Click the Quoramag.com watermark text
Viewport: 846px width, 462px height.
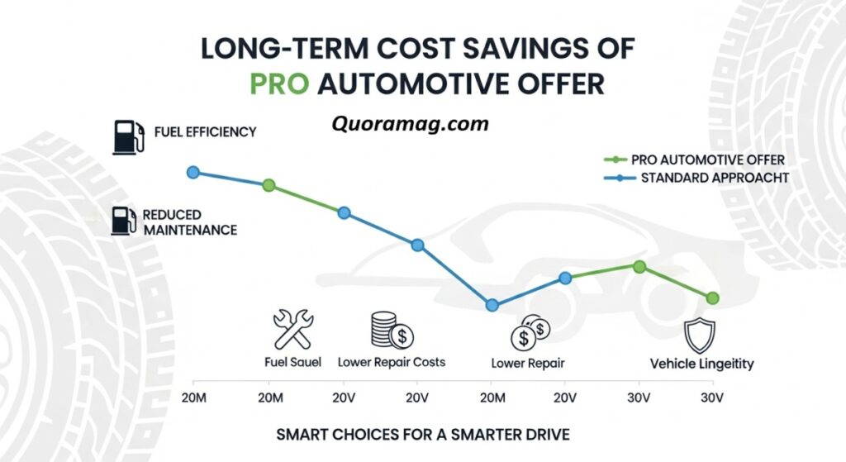(x=411, y=125)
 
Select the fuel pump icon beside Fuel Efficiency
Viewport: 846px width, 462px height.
(x=127, y=136)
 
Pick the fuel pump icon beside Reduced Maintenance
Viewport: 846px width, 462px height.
(x=124, y=221)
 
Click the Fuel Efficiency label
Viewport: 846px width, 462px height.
(x=205, y=131)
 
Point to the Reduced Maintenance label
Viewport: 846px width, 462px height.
(x=189, y=221)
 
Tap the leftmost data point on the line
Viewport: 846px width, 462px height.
(x=193, y=172)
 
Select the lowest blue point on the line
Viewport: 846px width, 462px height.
(x=492, y=305)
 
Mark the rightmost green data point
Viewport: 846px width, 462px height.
(x=713, y=298)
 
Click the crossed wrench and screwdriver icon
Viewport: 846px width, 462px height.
(x=292, y=328)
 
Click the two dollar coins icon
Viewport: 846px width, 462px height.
(x=530, y=332)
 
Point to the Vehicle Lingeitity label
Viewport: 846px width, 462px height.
(x=701, y=364)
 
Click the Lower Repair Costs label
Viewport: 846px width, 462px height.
(x=392, y=362)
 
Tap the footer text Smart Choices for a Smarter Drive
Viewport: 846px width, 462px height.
(x=423, y=434)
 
